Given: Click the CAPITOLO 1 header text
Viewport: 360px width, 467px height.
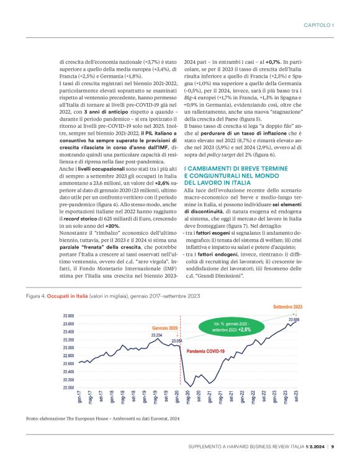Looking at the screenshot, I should point(319,25).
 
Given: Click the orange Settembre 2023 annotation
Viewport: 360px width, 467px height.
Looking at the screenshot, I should point(289,307).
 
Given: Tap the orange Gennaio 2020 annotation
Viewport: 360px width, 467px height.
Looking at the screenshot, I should point(164,327).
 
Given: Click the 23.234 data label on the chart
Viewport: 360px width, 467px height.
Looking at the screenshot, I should point(156,335).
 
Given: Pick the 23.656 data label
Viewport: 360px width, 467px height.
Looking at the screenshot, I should point(295,319).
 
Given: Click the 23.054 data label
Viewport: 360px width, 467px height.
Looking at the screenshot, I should point(176,341).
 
